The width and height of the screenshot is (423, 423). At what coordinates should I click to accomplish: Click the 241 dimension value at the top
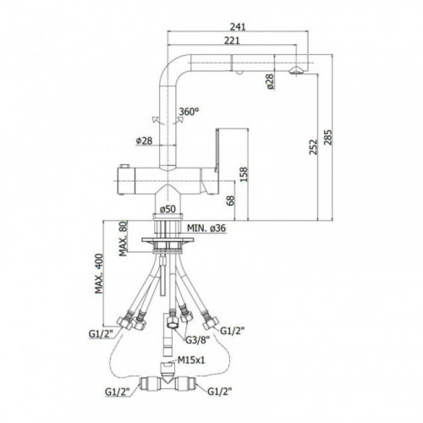click(x=238, y=27)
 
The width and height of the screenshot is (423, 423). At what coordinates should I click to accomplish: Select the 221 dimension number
click(x=232, y=41)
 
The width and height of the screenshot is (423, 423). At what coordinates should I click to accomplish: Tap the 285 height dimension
click(x=328, y=137)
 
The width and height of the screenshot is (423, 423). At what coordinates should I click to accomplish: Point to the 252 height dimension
click(x=313, y=147)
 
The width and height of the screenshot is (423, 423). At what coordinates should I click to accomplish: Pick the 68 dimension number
click(x=230, y=201)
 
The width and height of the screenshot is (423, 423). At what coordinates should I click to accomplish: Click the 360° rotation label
click(x=189, y=112)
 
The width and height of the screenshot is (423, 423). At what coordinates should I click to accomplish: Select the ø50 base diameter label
click(x=168, y=209)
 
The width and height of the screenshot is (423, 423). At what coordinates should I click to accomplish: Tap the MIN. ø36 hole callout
click(x=206, y=228)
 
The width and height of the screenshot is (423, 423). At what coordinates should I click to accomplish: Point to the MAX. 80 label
click(x=123, y=239)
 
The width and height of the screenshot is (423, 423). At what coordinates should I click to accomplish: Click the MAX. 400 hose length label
click(x=99, y=274)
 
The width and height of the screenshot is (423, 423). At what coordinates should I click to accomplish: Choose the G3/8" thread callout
click(x=197, y=340)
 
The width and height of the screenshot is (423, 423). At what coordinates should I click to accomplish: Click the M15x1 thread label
click(x=191, y=360)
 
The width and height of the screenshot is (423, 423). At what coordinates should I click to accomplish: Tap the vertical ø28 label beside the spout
click(x=270, y=82)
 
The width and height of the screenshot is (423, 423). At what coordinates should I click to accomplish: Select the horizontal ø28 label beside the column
click(x=144, y=140)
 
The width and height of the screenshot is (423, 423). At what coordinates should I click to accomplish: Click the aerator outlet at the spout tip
click(x=296, y=70)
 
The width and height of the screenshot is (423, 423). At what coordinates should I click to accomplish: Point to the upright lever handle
click(x=217, y=150)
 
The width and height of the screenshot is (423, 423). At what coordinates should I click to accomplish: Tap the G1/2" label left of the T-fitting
click(x=118, y=392)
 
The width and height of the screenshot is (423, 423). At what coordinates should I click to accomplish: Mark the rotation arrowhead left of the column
click(x=155, y=120)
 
